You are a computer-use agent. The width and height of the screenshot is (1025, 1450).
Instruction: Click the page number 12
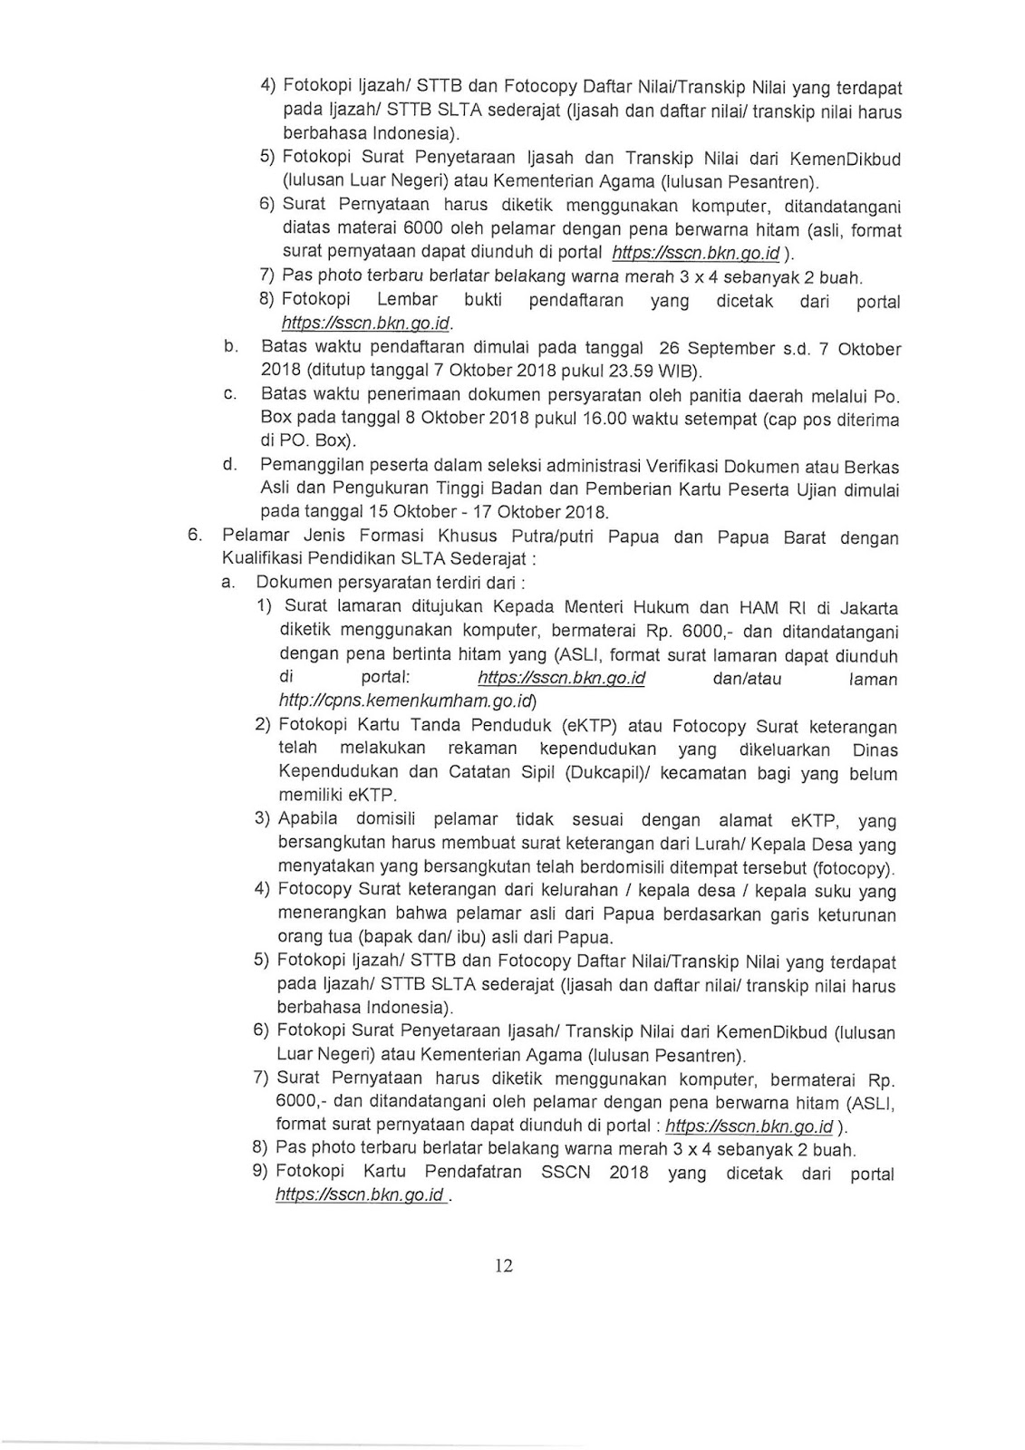(x=504, y=1266)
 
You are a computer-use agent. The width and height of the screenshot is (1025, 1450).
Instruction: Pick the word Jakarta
(x=866, y=608)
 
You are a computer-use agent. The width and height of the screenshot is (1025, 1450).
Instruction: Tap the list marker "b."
(x=231, y=346)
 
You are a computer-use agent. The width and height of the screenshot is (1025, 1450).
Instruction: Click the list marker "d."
(x=230, y=466)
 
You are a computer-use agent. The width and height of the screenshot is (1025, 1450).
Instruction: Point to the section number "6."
(x=194, y=535)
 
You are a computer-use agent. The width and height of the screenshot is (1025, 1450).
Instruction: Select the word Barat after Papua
(x=798, y=536)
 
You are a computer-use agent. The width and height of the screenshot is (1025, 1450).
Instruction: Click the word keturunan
(x=855, y=915)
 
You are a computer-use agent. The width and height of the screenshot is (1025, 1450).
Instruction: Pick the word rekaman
(x=482, y=749)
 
